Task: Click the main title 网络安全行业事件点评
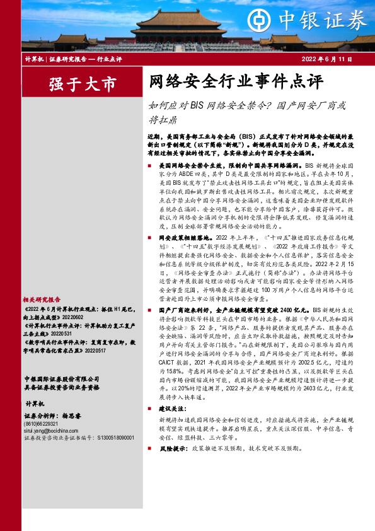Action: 236,82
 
